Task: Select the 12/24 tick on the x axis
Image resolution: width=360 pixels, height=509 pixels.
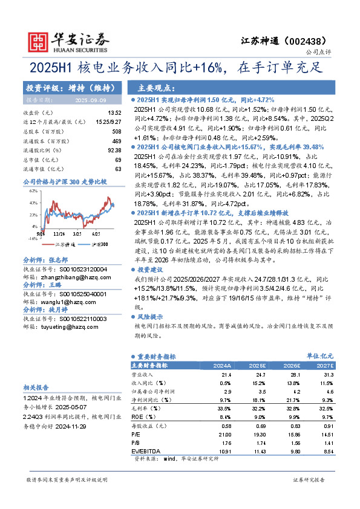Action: [59, 233]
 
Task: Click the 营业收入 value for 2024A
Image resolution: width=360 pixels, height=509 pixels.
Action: [223, 375]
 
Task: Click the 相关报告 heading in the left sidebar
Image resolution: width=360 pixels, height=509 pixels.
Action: [35, 387]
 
